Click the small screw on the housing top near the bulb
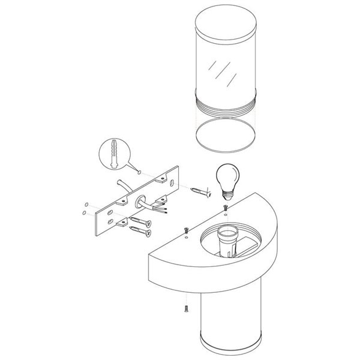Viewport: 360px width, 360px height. (226, 208)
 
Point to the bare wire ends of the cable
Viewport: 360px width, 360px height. (163, 211)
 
